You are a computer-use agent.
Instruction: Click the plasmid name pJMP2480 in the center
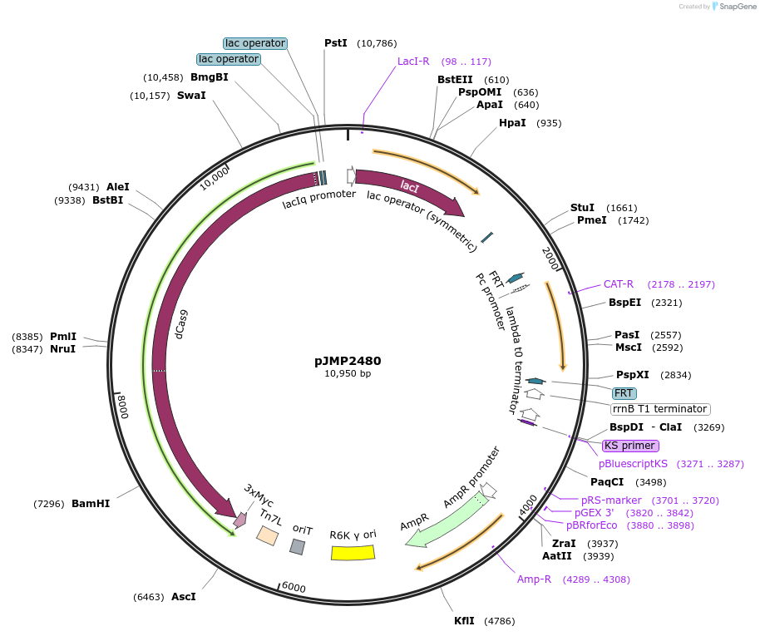click(x=348, y=361)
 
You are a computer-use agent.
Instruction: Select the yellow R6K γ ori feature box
click(x=353, y=552)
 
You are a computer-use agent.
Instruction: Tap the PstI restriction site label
click(x=335, y=42)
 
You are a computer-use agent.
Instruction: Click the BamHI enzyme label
click(x=91, y=504)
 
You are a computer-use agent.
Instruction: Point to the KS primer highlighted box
click(x=630, y=446)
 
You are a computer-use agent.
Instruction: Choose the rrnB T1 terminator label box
click(x=660, y=409)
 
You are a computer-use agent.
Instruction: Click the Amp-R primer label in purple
click(x=534, y=579)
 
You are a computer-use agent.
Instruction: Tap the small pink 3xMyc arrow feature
click(x=240, y=520)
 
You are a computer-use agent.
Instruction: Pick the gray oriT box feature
click(x=297, y=546)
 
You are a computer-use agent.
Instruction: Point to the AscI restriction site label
click(x=184, y=597)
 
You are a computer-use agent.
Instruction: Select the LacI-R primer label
click(x=413, y=62)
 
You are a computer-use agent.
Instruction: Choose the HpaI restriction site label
click(x=512, y=123)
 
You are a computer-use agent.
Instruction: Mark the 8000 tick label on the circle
click(x=124, y=407)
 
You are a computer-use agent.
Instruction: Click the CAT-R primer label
click(x=618, y=284)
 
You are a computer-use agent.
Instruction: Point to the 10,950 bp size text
click(x=348, y=374)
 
